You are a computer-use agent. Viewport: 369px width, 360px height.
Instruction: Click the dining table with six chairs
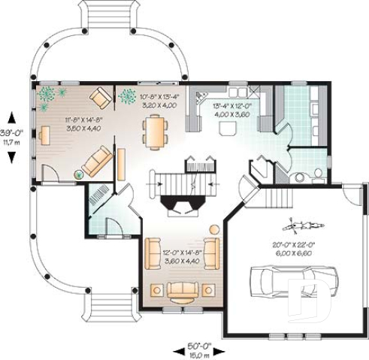[x=156, y=132]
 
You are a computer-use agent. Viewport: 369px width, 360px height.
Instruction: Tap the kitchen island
[x=225, y=130]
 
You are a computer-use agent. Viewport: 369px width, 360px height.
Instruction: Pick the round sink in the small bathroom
[x=301, y=178]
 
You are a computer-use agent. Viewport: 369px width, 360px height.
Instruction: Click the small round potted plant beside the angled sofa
[x=78, y=174]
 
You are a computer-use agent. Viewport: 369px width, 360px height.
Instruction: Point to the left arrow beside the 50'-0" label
[x=177, y=349]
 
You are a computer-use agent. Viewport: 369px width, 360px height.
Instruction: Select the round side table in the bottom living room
[x=213, y=228]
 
